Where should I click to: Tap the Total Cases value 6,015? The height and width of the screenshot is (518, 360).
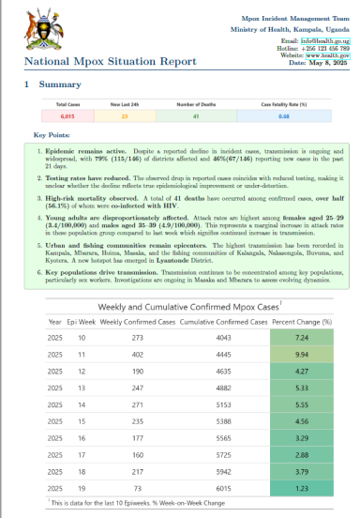click(67, 117)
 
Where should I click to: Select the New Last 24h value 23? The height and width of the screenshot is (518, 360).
click(124, 117)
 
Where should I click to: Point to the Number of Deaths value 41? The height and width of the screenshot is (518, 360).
click(197, 117)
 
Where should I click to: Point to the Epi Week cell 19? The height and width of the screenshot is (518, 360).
click(82, 490)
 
